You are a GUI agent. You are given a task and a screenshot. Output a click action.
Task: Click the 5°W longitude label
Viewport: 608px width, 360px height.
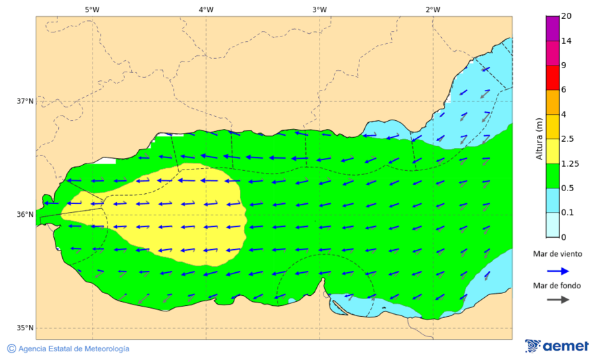pos(92,9)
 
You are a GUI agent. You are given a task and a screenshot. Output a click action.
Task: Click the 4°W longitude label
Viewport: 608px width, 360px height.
pos(206,9)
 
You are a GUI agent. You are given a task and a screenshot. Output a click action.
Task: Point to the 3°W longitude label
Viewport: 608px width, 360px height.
pos(320,9)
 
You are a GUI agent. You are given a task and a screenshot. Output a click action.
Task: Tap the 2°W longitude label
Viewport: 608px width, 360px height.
pos(433,9)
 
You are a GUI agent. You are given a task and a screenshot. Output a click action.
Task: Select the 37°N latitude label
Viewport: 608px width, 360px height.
pos(25,101)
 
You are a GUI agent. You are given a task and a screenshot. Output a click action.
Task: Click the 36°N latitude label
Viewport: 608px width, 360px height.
pos(25,215)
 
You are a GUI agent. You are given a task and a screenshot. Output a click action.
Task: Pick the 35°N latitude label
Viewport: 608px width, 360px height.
pos(25,328)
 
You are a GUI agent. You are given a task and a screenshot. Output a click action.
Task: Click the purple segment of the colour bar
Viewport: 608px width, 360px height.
pos(553,28)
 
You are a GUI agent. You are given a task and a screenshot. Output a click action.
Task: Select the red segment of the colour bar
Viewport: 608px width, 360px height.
pos(553,77)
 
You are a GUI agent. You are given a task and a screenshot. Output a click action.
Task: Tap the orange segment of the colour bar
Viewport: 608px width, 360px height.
pos(553,102)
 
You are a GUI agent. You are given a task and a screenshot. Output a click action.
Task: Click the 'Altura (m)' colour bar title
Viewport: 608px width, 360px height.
pos(539,138)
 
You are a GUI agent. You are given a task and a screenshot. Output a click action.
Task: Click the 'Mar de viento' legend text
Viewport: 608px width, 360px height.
pos(557,254)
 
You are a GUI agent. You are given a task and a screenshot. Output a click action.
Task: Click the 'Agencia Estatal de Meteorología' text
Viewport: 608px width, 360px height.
pos(74,349)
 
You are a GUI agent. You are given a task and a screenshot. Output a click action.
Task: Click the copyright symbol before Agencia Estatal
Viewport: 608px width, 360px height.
pos(11,349)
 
